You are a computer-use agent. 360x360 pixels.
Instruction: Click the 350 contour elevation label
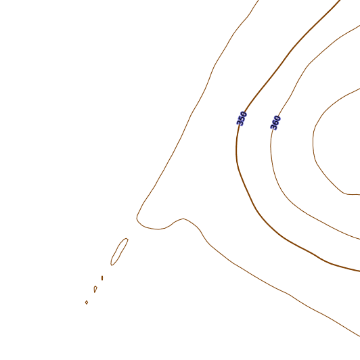pyautogui.click(x=242, y=118)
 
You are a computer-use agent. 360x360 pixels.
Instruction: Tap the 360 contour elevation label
pyautogui.click(x=275, y=123)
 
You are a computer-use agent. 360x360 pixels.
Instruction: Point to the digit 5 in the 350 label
pyautogui.click(x=242, y=118)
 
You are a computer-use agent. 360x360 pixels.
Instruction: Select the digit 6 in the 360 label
pyautogui.click(x=275, y=123)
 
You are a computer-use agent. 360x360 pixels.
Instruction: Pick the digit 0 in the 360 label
pyautogui.click(x=277, y=118)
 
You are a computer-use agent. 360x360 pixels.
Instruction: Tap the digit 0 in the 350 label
pyautogui.click(x=244, y=114)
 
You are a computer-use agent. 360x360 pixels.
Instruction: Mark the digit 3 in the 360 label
pyautogui.click(x=274, y=127)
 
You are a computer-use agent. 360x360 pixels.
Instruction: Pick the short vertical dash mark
pyautogui.click(x=102, y=278)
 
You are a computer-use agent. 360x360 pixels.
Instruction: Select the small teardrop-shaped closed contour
pyautogui.click(x=95, y=289)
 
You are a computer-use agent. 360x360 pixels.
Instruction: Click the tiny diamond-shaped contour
pyautogui.click(x=87, y=302)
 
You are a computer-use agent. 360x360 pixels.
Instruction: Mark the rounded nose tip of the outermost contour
pyautogui.click(x=137, y=217)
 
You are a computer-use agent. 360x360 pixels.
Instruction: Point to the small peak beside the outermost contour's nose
pyautogui.click(x=183, y=219)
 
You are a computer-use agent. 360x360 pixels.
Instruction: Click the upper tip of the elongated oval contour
pyautogui.click(x=127, y=239)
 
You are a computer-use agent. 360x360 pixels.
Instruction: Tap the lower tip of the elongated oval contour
pyautogui.click(x=112, y=265)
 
